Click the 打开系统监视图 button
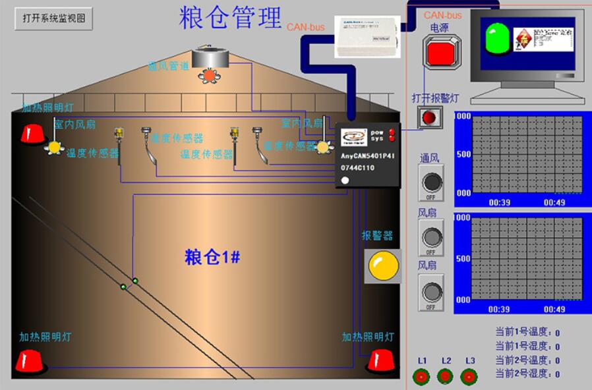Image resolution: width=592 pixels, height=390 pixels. click(x=54, y=19)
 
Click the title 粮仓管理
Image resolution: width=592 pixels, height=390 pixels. click(x=230, y=17)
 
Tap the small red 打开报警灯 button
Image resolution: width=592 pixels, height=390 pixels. click(x=430, y=117)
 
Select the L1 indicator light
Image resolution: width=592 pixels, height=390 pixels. click(x=421, y=377)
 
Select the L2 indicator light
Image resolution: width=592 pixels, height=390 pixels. click(x=446, y=377)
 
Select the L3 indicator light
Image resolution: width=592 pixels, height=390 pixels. click(x=469, y=377)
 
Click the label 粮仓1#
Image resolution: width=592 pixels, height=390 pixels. click(x=212, y=258)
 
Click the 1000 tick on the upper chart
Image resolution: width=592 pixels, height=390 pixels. click(x=463, y=117)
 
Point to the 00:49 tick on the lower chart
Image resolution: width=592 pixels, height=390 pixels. click(x=554, y=309)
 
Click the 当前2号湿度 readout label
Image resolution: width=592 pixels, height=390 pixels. click(x=522, y=374)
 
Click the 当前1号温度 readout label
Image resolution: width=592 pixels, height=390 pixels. click(x=522, y=333)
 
